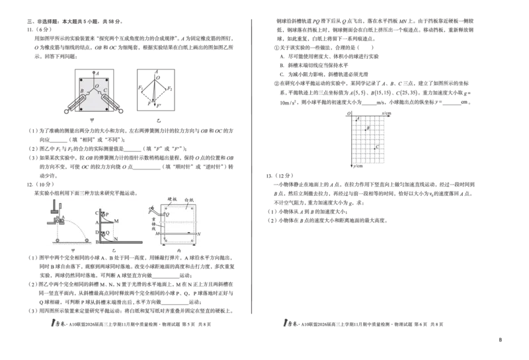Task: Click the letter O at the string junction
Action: [x=95, y=86]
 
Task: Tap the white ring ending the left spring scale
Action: [x=66, y=111]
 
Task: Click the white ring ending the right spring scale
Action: [x=121, y=111]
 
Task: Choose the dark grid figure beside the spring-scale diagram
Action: [x=156, y=88]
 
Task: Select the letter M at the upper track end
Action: [x=117, y=220]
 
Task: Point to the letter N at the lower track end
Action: [x=117, y=238]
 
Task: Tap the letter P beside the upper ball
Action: [x=107, y=214]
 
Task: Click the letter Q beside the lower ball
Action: [x=107, y=232]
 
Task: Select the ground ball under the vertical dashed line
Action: [x=57, y=240]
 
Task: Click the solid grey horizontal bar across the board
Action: [x=179, y=223]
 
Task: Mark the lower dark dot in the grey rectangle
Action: [x=376, y=146]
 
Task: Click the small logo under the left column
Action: [x=59, y=323]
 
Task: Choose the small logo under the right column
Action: [x=292, y=323]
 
